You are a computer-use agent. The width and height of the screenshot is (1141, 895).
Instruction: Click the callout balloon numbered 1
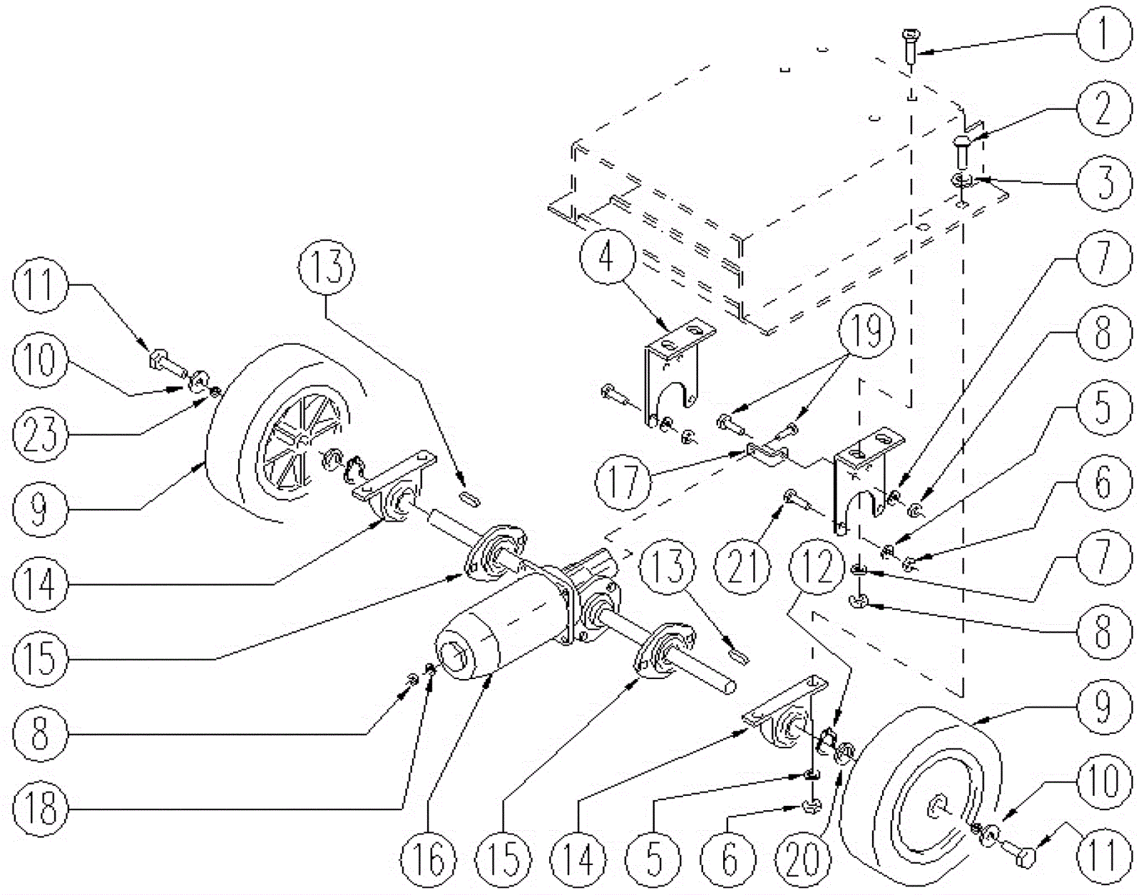pyautogui.click(x=1103, y=33)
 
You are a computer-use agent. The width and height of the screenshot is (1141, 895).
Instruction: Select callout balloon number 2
pyautogui.click(x=1103, y=108)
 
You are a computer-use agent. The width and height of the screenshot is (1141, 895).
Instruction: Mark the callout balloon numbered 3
pyautogui.click(x=1103, y=182)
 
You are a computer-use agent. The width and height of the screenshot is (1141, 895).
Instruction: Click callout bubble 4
pyautogui.click(x=606, y=257)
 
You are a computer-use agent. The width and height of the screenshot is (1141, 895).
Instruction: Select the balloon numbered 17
pyautogui.click(x=624, y=482)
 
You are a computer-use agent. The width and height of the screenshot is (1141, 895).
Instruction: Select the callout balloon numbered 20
pyautogui.click(x=804, y=858)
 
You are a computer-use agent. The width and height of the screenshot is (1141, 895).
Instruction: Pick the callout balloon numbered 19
pyautogui.click(x=866, y=332)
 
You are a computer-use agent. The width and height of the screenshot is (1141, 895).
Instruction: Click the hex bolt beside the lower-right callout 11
pyautogui.click(x=1024, y=851)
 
